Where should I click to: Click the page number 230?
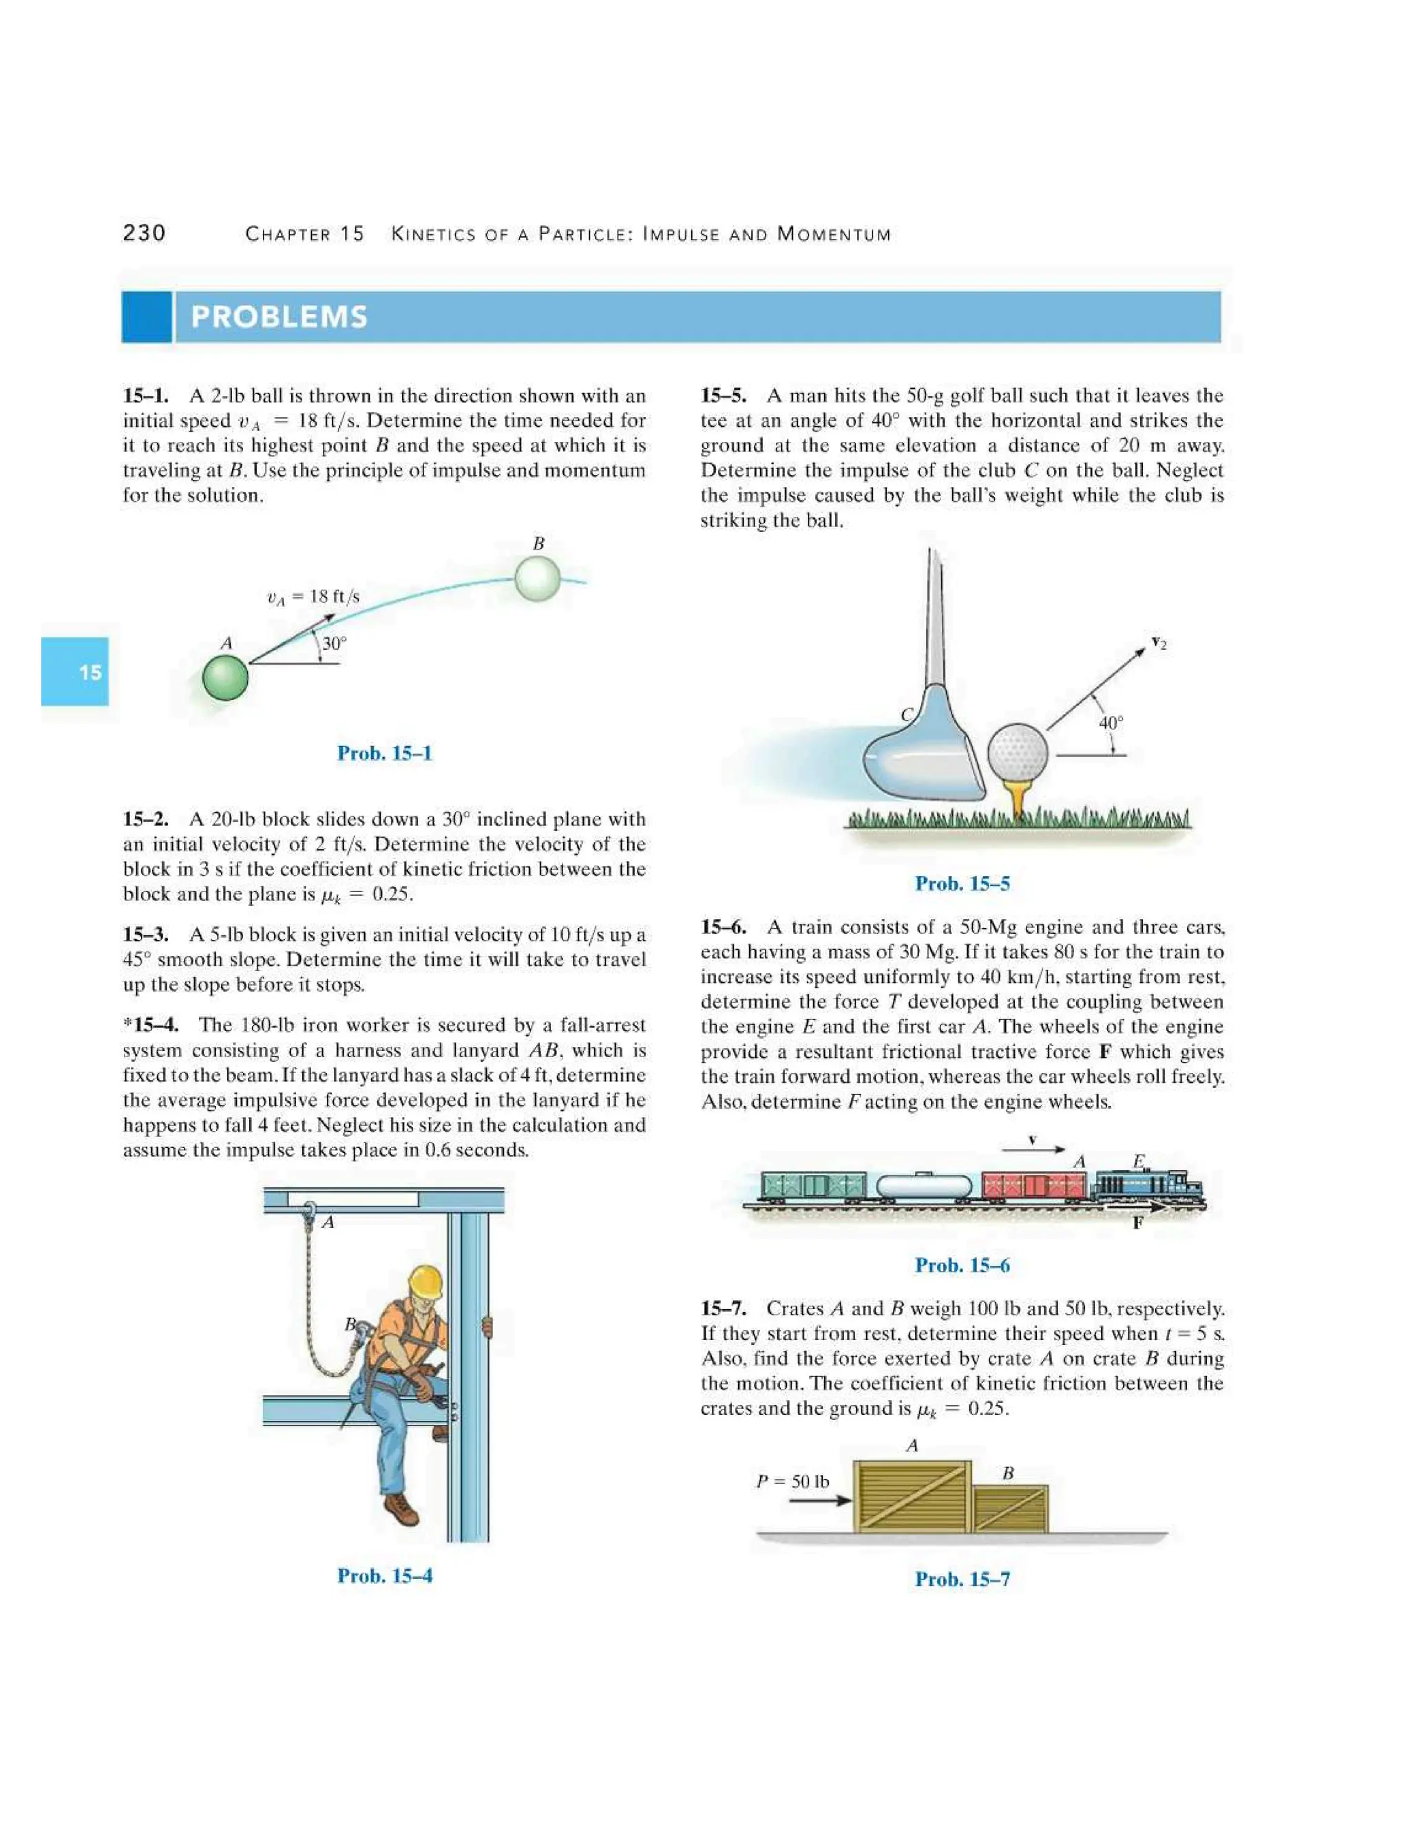coord(144,233)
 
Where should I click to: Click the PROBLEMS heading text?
coord(279,317)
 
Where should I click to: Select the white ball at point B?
coord(536,579)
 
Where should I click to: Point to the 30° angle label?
coord(334,644)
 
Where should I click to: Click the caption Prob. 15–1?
coord(384,753)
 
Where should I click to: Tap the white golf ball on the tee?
coord(1018,752)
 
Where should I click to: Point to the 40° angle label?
coord(1110,723)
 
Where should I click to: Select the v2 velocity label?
coord(1159,642)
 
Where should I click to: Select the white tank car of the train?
coord(925,1185)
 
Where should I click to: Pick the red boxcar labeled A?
coord(1034,1185)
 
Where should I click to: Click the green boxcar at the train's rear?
coord(814,1185)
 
